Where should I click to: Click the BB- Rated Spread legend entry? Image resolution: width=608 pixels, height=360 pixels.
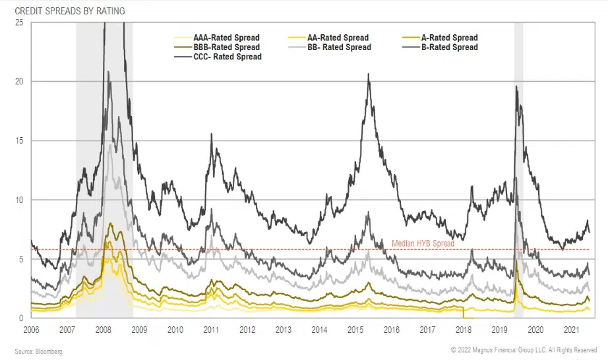tap(338, 47)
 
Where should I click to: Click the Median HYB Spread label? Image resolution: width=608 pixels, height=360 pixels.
tap(423, 244)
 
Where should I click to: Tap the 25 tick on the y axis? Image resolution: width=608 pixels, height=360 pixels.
tap(19, 22)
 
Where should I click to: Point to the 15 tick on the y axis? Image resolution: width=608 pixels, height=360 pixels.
tap(19, 141)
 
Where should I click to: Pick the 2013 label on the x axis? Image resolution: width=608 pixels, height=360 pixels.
tap(284, 330)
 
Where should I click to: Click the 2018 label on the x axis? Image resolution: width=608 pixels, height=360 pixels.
tap(464, 330)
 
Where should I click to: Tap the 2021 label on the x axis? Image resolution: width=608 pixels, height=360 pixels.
tap(572, 330)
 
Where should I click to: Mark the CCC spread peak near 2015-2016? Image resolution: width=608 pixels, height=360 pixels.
tap(368, 75)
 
